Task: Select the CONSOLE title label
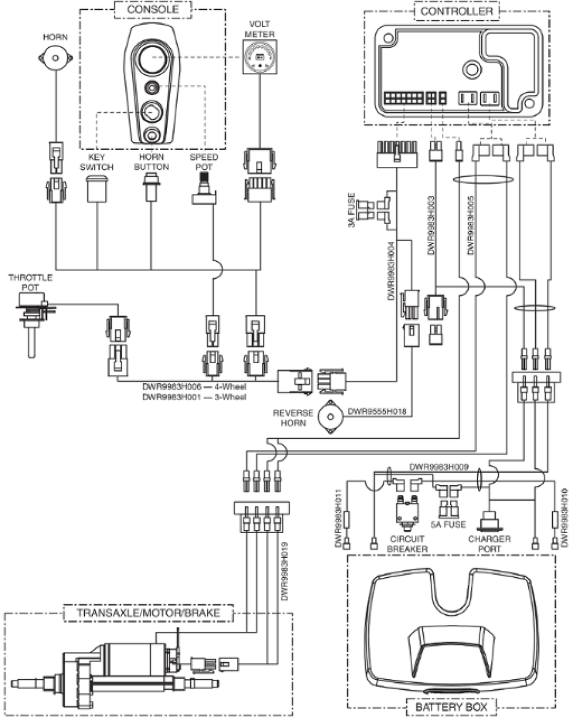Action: tap(152, 9)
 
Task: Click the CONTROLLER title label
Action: tap(456, 11)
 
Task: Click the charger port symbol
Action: tap(489, 521)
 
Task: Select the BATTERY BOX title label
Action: tap(451, 706)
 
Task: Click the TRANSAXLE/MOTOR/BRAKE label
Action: tap(148, 612)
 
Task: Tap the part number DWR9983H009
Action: tap(439, 467)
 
